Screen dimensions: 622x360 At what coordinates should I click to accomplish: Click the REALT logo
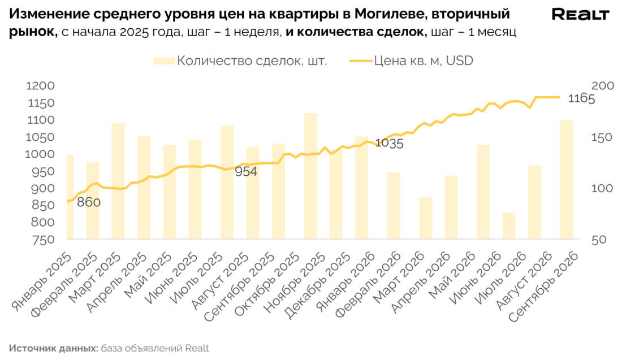[x=580, y=14]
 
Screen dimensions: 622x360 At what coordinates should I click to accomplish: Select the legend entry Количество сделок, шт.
[x=240, y=60]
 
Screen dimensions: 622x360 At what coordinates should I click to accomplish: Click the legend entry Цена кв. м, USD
[x=411, y=60]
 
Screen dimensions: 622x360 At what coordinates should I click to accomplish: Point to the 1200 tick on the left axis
[x=40, y=86]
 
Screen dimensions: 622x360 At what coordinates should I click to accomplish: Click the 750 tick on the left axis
[x=43, y=240]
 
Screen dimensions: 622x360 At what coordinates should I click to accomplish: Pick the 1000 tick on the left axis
[x=40, y=154]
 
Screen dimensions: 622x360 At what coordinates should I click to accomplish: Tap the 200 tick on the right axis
[x=603, y=86]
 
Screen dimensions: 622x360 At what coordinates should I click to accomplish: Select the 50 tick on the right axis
[x=599, y=240]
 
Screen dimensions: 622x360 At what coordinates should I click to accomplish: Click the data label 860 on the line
[x=88, y=202]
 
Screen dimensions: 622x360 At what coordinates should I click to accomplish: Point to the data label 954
[x=246, y=172]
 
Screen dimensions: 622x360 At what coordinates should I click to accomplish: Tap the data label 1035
[x=389, y=143]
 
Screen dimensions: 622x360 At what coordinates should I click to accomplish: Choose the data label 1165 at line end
[x=581, y=98]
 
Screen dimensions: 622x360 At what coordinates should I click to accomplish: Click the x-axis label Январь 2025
[x=42, y=282]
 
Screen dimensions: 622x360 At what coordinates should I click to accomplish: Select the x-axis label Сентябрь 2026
[x=543, y=287]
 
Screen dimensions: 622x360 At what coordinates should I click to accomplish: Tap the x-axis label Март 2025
[x=95, y=277]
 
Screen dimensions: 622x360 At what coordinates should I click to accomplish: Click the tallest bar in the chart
[x=310, y=176]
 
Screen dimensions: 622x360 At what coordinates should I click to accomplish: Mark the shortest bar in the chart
[x=509, y=226]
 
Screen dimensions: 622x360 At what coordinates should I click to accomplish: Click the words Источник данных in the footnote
[x=54, y=349]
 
